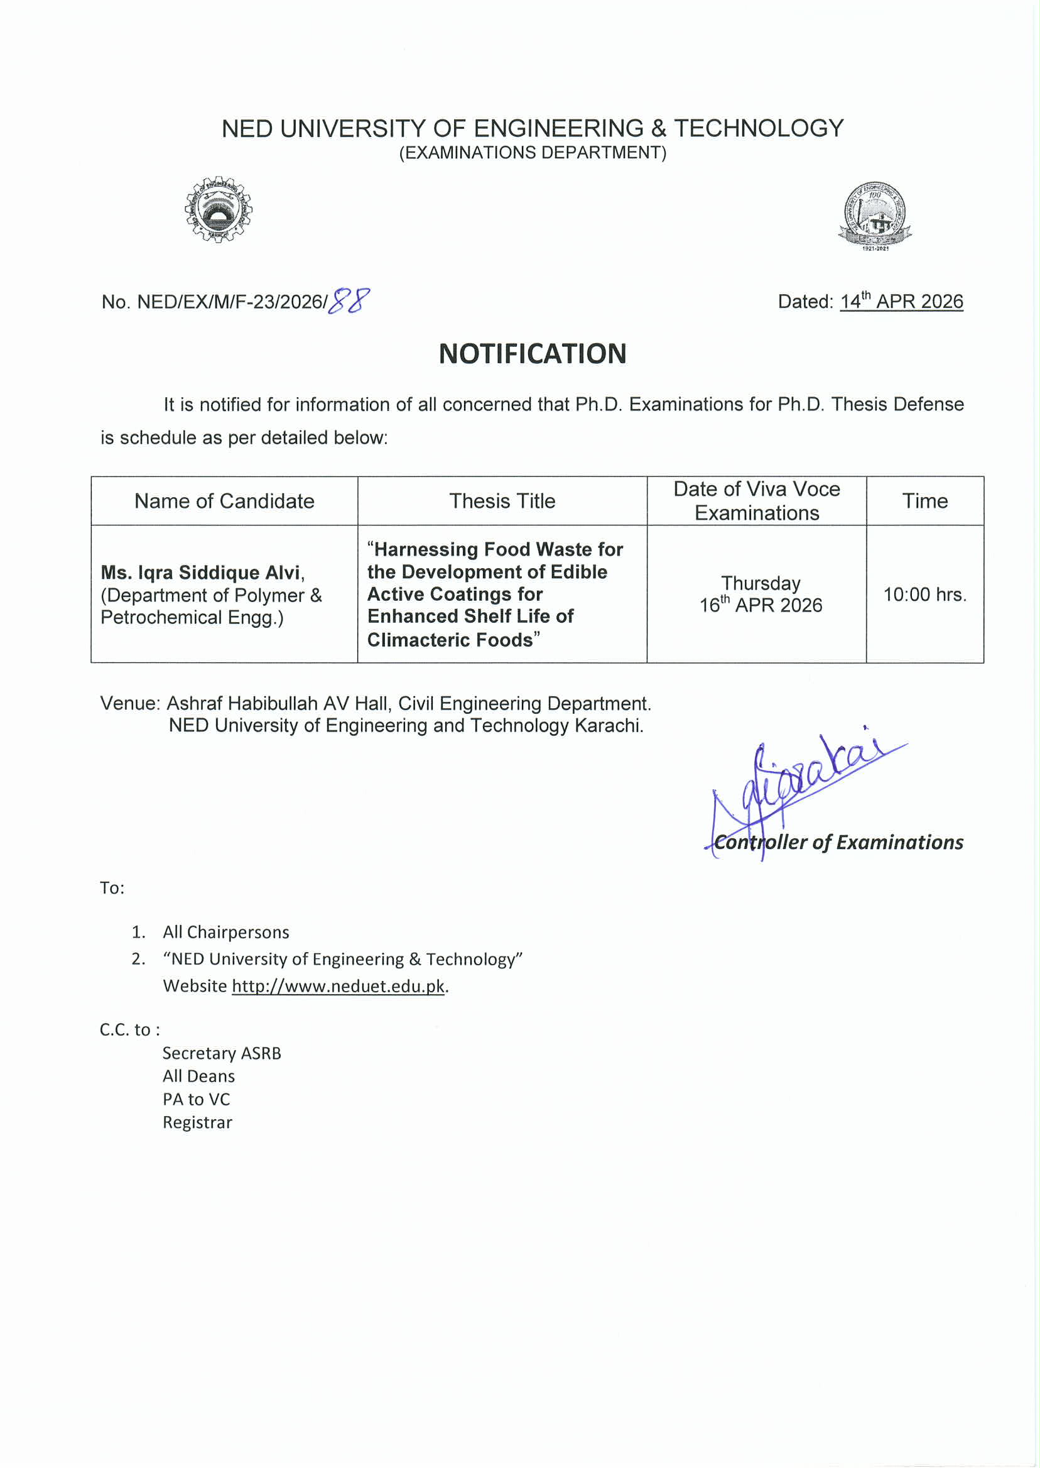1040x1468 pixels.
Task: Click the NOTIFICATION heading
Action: coord(532,354)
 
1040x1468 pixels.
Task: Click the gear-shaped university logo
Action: coord(219,209)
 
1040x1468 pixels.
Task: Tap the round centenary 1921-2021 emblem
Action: coord(875,216)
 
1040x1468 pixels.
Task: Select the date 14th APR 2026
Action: coord(901,301)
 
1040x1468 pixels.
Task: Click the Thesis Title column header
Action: coord(502,501)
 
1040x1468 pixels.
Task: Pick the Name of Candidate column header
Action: coord(224,501)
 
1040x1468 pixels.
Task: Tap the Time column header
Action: coord(924,501)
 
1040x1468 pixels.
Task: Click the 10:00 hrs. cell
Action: coord(924,594)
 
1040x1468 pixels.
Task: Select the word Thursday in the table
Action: coord(760,583)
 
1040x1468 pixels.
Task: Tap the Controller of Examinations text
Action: coord(838,842)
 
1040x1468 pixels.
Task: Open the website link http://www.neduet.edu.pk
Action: coord(337,985)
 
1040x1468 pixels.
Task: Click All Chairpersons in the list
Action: coord(225,932)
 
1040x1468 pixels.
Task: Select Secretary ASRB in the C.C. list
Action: coord(222,1053)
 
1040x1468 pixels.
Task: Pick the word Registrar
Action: coord(197,1122)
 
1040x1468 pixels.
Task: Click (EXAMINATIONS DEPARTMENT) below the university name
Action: coord(532,153)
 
